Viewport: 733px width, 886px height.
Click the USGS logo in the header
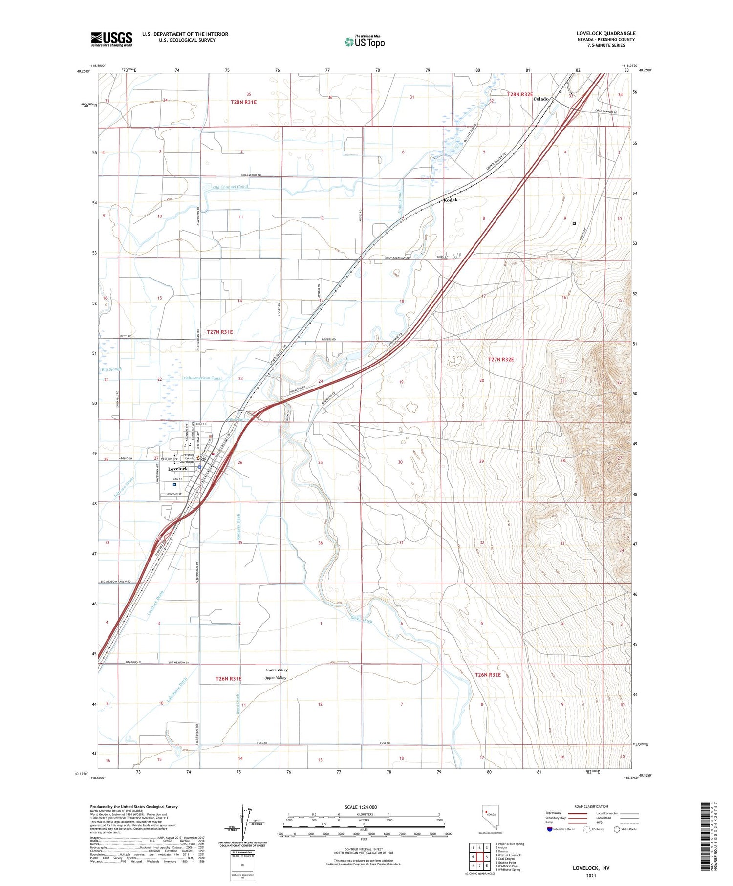(111, 39)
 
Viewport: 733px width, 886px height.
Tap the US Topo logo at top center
(364, 42)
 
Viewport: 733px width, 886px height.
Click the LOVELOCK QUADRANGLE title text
(605, 34)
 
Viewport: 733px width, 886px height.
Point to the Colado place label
(540, 99)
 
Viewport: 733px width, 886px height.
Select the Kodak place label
(450, 200)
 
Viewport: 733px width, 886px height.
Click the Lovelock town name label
(177, 469)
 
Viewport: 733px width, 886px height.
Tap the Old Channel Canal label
(230, 187)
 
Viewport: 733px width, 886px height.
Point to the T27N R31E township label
(219, 332)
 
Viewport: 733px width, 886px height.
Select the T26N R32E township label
(488, 675)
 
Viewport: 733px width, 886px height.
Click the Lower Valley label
(276, 670)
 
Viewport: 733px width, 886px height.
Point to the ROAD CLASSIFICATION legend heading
(591, 806)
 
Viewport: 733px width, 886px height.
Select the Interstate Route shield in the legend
(550, 829)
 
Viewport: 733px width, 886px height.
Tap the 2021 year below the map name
(591, 875)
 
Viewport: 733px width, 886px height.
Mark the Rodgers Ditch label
(238, 527)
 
